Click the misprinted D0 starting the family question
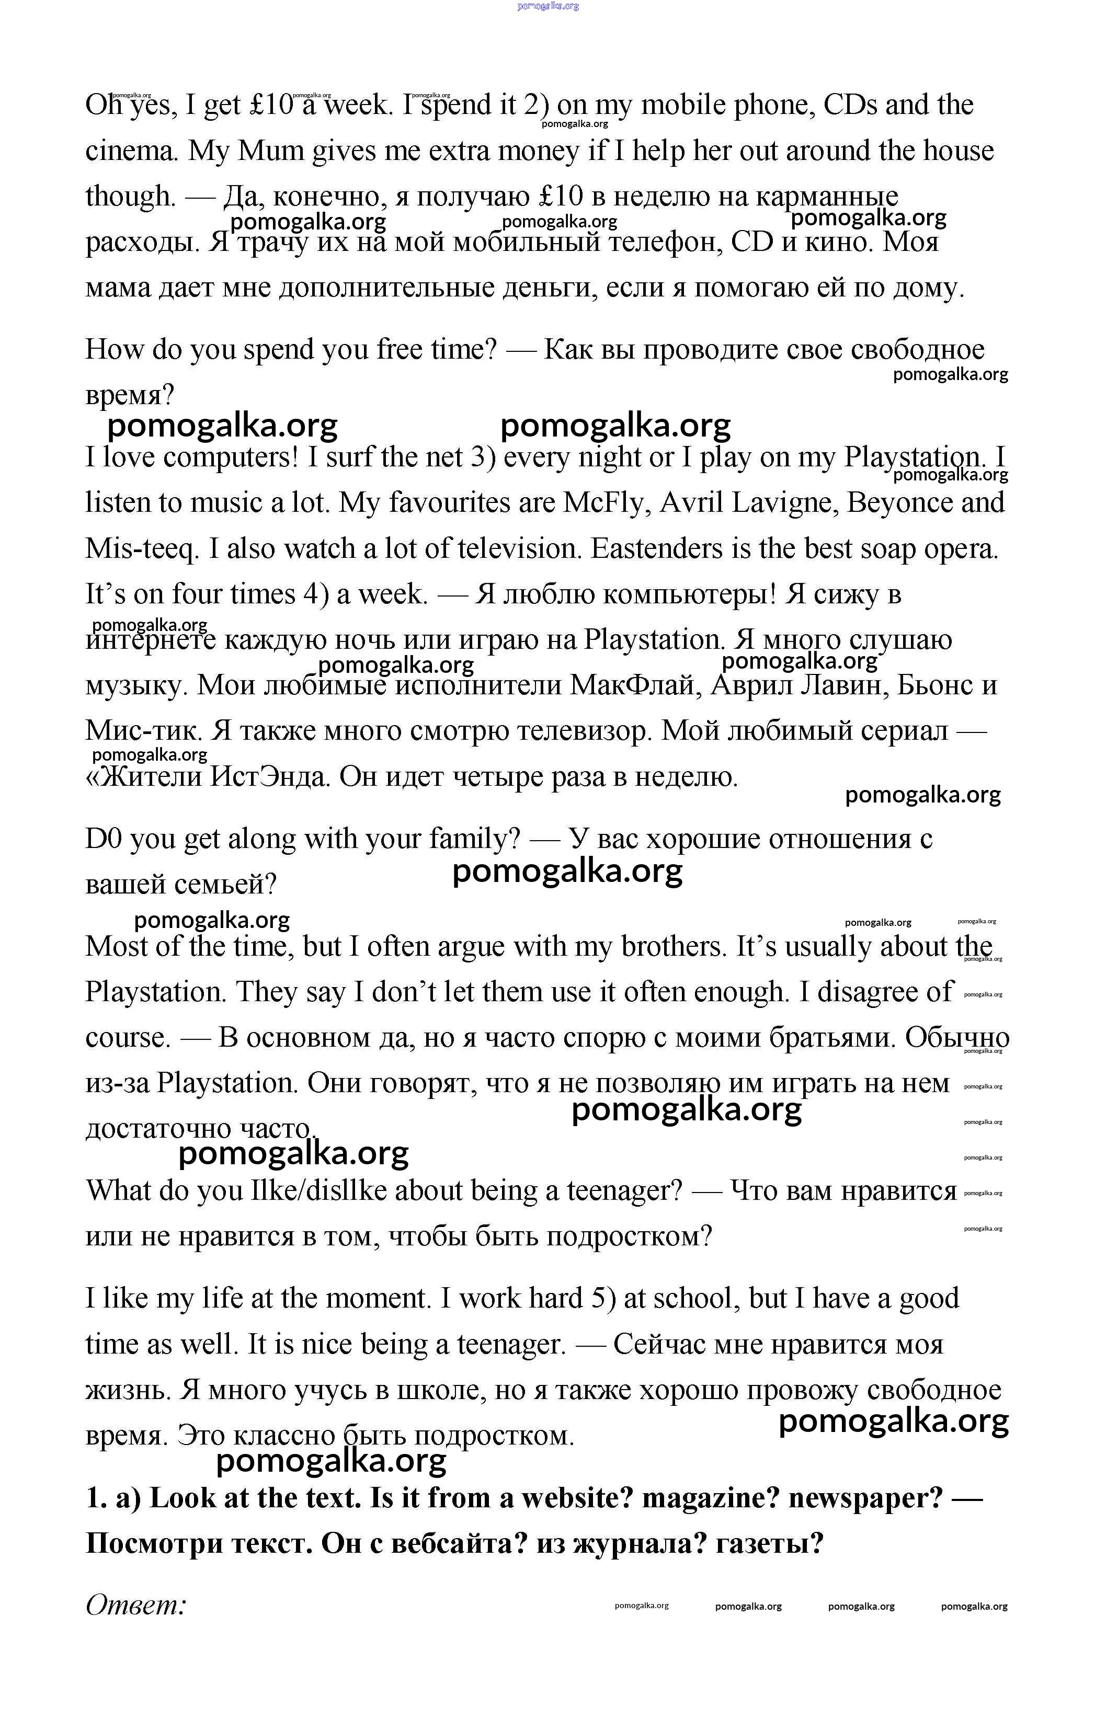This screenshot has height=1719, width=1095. (x=104, y=839)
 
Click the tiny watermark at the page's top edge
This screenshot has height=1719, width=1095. (x=547, y=6)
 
